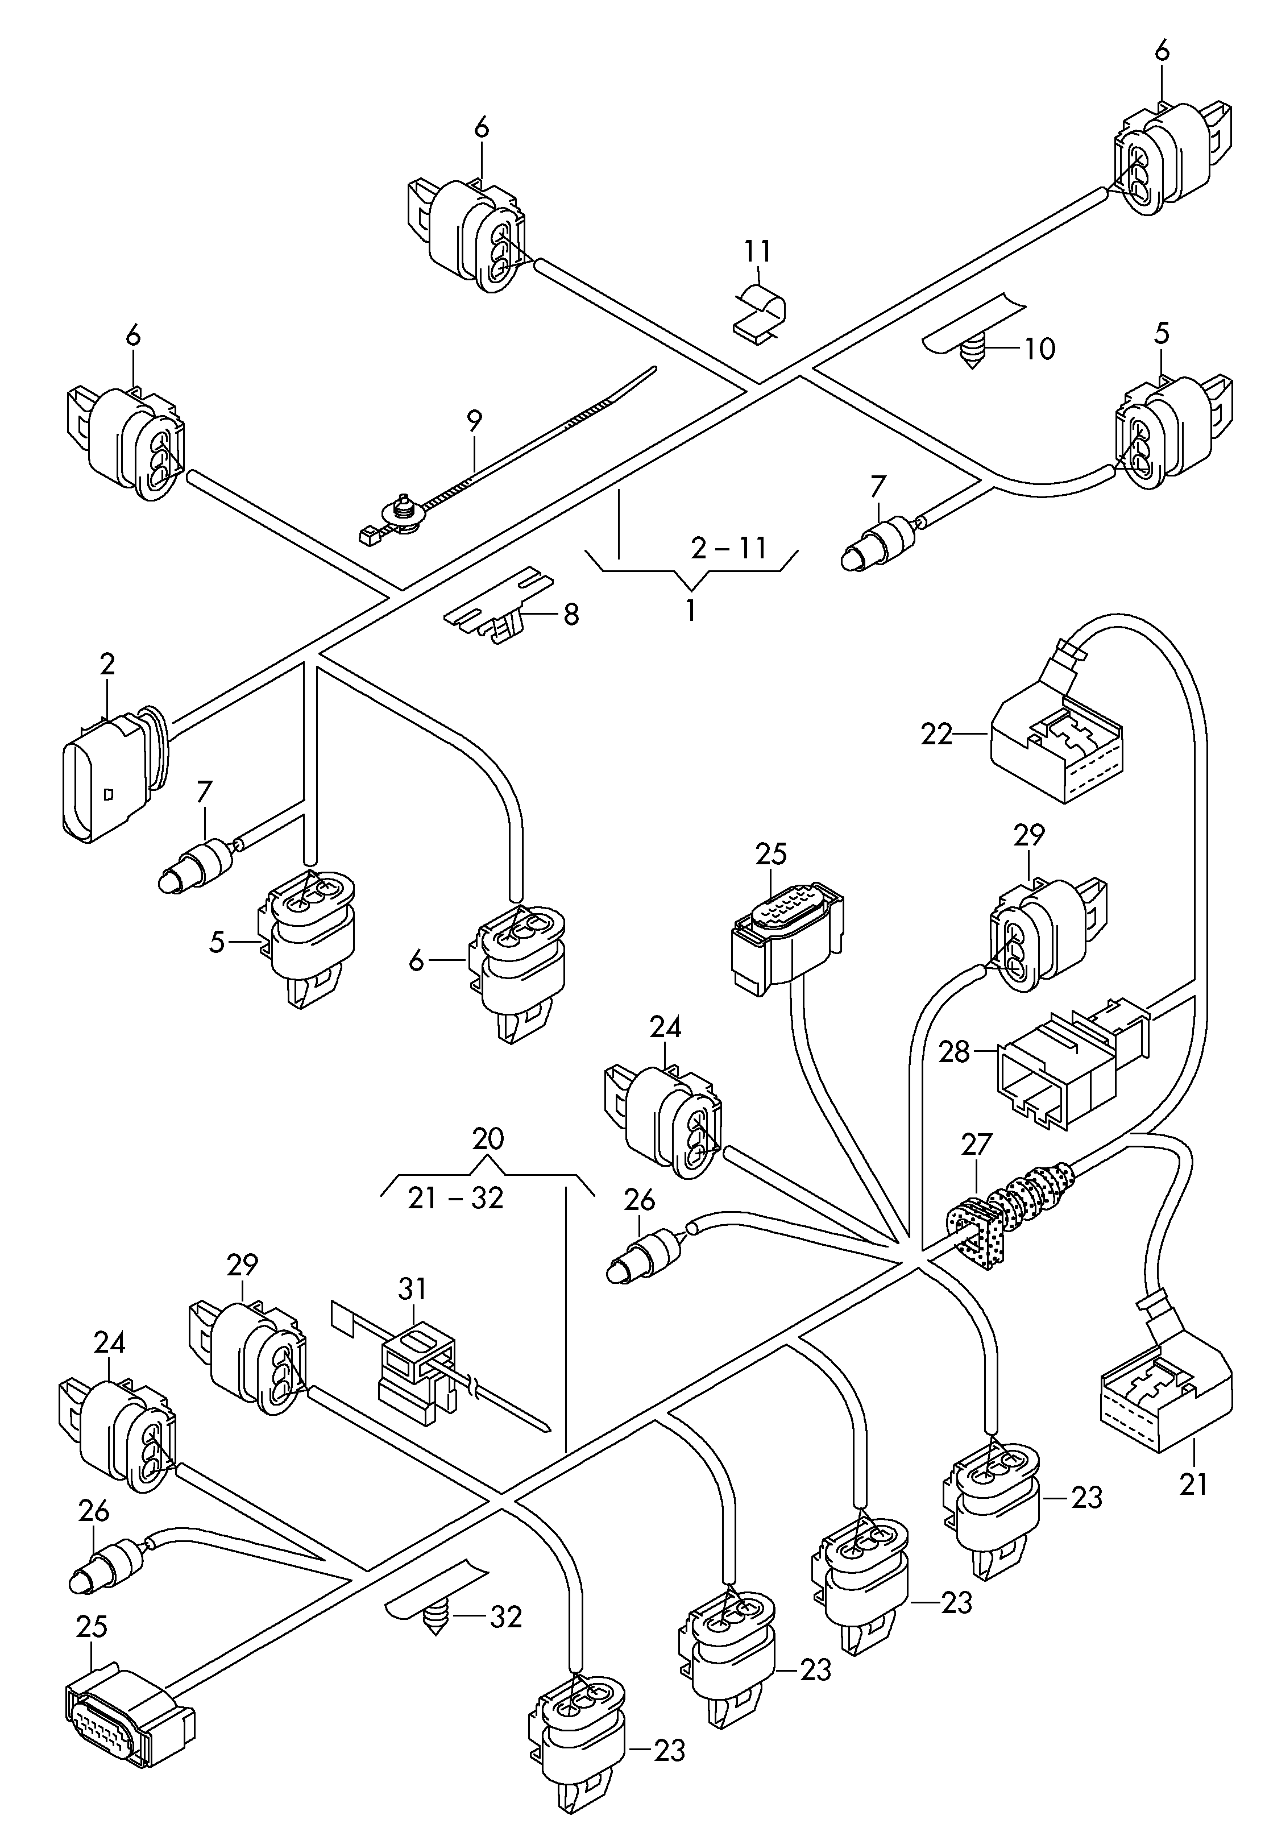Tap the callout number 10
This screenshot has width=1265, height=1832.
coord(1040,348)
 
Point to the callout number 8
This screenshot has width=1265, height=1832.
coord(571,615)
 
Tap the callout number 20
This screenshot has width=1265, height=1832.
coord(487,1139)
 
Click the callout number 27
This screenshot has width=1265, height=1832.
coord(977,1145)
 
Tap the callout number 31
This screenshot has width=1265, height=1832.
coord(412,1289)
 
